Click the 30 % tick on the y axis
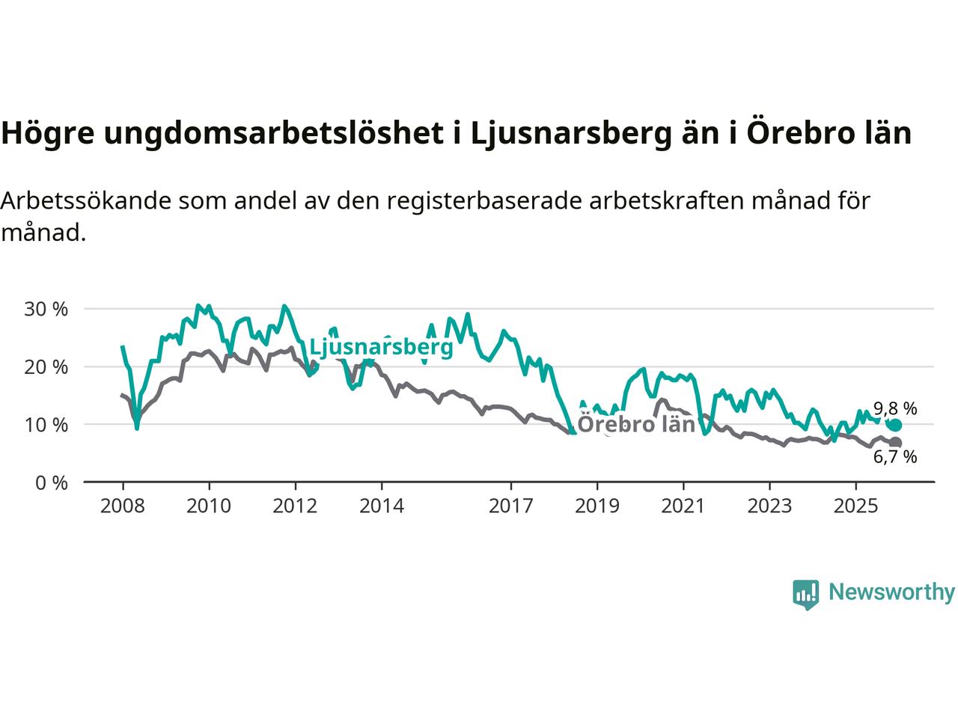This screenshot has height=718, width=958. (x=46, y=309)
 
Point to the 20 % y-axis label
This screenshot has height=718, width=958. (x=46, y=367)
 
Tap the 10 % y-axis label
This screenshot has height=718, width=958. (x=46, y=425)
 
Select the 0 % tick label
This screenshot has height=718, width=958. (x=52, y=482)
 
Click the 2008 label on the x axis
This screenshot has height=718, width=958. (x=122, y=506)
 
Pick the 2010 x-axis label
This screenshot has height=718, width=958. (x=209, y=506)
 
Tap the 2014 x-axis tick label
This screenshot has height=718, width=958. (x=382, y=506)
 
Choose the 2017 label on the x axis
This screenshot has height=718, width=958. (x=511, y=506)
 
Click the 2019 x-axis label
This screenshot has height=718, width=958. (x=597, y=506)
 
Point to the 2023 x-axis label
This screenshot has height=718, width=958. (x=769, y=506)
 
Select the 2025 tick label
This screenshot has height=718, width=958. (x=856, y=506)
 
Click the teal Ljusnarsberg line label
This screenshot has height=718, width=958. (x=381, y=347)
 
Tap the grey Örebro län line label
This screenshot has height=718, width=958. (x=637, y=424)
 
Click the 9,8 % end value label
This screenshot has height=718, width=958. (x=895, y=408)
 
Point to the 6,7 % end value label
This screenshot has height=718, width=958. (x=895, y=457)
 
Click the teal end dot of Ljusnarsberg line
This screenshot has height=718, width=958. (x=895, y=426)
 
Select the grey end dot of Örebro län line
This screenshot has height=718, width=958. (x=895, y=443)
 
